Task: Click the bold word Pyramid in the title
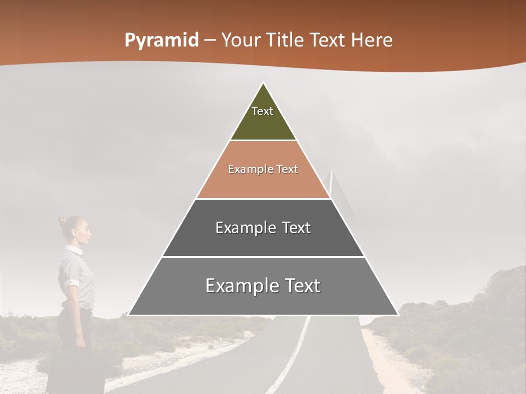pyautogui.click(x=161, y=40)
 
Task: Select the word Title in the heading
pyautogui.click(x=284, y=40)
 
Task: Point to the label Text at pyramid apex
pyautogui.click(x=262, y=111)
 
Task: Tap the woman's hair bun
pyautogui.click(x=62, y=221)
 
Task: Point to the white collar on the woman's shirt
pyautogui.click(x=73, y=250)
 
